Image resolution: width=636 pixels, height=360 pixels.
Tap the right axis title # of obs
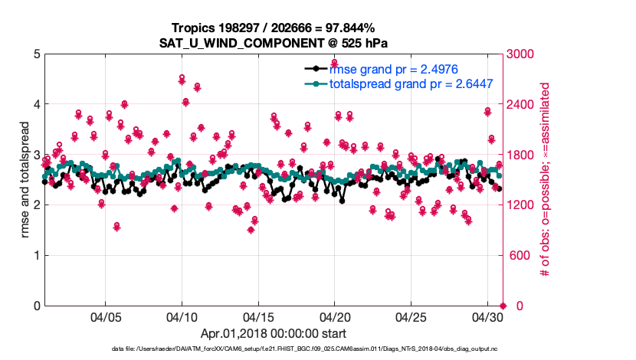click(546, 180)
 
